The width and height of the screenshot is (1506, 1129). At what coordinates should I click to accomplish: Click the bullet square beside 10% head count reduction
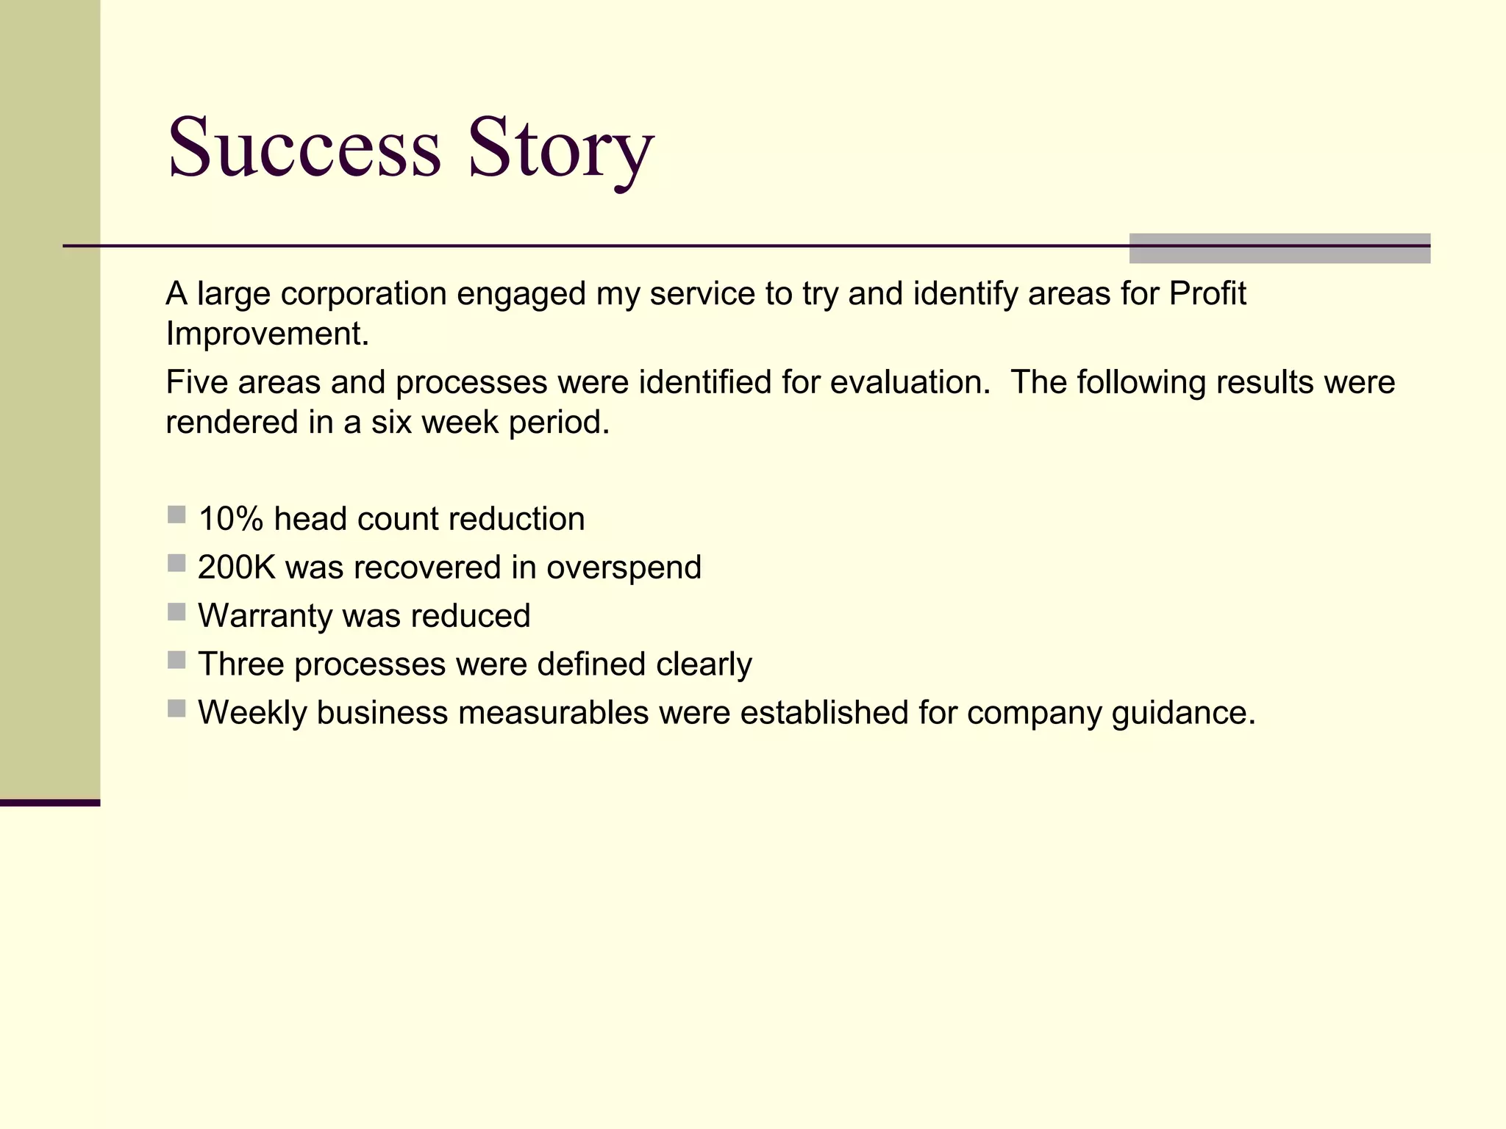coord(176,515)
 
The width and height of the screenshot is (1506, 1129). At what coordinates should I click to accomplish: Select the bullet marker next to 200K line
coord(176,563)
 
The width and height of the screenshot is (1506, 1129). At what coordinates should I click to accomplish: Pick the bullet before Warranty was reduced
coord(176,612)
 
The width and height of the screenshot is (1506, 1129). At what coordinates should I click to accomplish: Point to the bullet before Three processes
coord(176,660)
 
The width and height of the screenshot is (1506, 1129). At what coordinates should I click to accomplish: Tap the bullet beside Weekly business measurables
coord(176,709)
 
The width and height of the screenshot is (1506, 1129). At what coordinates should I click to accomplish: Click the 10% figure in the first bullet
coord(231,519)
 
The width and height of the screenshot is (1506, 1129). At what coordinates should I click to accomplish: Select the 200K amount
coord(236,567)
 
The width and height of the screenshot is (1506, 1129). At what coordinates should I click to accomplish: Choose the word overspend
coord(624,567)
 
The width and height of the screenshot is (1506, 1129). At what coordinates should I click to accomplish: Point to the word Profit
coord(1207,293)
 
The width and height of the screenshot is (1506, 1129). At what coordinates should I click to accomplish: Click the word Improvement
coord(266,334)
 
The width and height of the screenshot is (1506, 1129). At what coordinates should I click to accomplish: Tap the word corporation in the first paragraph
coord(364,294)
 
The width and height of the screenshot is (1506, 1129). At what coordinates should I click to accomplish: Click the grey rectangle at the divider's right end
coord(1280,248)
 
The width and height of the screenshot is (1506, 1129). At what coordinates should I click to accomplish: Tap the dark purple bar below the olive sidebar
coord(50,803)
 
